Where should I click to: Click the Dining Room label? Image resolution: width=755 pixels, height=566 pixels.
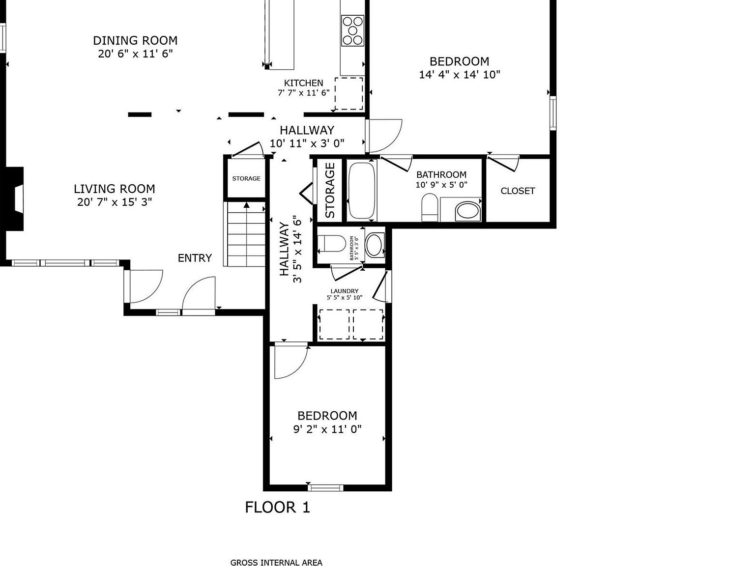coord(135,41)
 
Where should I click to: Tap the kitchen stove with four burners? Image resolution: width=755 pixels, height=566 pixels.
coord(352,30)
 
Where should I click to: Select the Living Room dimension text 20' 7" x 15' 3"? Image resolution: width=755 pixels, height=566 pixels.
coord(115,202)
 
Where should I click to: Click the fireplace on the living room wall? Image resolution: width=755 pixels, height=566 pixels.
coord(14,198)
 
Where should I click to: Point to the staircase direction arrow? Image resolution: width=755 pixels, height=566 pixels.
coord(246,205)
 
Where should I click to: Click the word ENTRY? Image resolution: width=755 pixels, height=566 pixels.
coord(195,258)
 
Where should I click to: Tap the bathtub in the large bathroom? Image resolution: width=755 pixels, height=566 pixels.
coord(361,190)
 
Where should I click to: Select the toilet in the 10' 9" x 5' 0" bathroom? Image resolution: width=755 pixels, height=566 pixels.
coord(430,207)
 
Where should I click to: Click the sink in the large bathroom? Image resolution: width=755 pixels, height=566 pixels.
coord(467,211)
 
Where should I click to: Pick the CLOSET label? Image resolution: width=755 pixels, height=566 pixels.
coord(518,191)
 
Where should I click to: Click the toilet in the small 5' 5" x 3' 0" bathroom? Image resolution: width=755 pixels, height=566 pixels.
coord(332,244)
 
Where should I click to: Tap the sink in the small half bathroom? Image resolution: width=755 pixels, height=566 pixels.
coord(375,245)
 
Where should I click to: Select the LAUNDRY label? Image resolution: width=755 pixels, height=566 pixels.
coord(344,291)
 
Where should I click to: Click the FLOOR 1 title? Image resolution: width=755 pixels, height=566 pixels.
coord(278,507)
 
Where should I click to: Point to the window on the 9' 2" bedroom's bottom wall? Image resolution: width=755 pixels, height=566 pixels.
coord(325,488)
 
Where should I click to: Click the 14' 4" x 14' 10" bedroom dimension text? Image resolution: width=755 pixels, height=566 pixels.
coord(460,75)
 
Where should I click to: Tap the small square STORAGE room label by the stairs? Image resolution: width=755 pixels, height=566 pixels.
coord(246,178)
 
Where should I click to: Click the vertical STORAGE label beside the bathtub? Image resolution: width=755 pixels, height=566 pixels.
coord(330,190)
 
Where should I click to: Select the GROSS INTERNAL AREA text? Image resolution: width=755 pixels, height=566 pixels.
coord(277,562)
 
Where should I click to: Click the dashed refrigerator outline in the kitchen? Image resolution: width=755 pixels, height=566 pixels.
coord(349,93)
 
